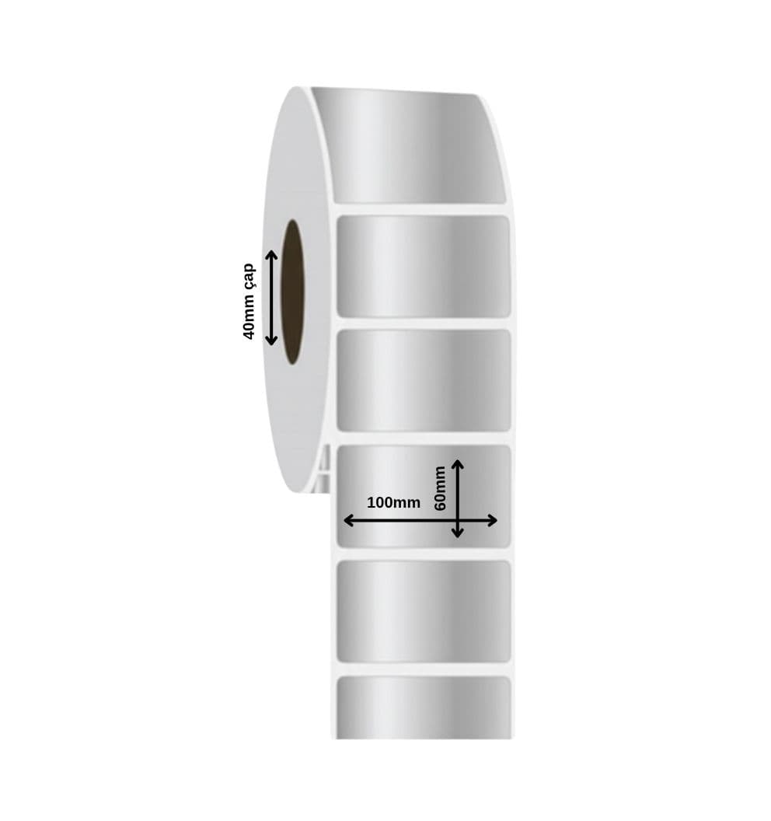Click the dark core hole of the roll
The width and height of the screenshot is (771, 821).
coord(293,292)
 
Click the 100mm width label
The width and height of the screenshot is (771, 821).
coord(393,503)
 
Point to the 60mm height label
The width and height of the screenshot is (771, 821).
coord(440,488)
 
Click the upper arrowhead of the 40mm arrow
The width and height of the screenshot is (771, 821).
coord(271,255)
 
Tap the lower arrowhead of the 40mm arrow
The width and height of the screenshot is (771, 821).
coord(271,341)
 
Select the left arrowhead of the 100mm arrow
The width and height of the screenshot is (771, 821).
coord(349,520)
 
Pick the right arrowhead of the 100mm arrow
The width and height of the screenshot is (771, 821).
coord(491,520)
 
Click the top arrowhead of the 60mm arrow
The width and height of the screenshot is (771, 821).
coord(458,465)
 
